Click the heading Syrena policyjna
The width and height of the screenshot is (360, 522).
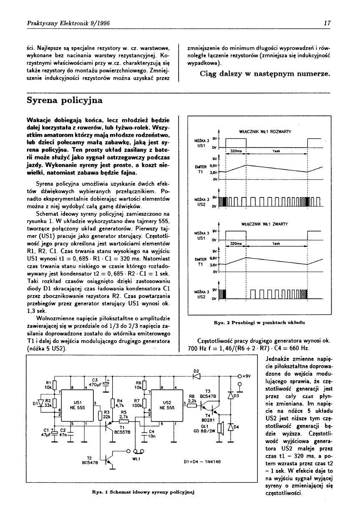coord(65,101)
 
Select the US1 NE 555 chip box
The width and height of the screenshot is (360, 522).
coord(77,405)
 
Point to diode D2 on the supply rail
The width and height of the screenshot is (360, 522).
coord(197,376)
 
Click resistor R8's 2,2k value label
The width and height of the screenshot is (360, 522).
coord(192,400)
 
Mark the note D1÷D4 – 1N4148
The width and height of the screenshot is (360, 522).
coord(202,462)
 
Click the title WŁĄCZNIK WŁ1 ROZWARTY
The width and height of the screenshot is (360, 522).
coord(262,132)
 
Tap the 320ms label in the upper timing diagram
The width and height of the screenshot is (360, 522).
coord(237,151)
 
